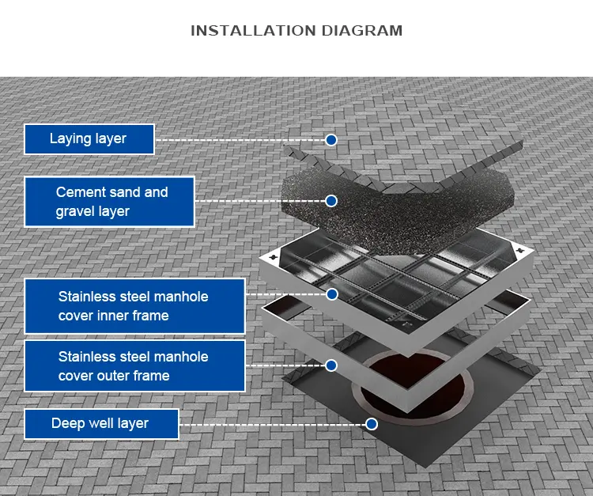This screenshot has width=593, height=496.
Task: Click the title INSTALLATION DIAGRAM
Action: [296, 31]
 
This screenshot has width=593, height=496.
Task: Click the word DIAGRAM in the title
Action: [361, 31]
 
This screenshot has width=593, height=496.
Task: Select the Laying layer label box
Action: [89, 139]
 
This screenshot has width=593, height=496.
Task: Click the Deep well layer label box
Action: [101, 424]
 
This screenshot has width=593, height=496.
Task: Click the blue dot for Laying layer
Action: [331, 140]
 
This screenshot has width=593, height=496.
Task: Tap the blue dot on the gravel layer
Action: [331, 201]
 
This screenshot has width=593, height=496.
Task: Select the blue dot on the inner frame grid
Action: [332, 294]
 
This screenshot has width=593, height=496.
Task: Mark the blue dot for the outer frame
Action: [332, 365]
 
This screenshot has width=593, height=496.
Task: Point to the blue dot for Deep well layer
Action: [372, 424]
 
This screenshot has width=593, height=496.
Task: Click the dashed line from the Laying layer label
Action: [237, 140]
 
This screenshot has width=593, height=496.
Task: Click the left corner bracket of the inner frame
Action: [274, 257]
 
